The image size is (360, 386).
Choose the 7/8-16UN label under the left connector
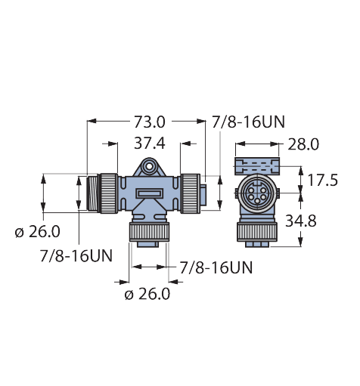click(76, 255)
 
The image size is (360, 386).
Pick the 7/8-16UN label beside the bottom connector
click(216, 267)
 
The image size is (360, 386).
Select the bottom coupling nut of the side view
click(149, 230)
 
